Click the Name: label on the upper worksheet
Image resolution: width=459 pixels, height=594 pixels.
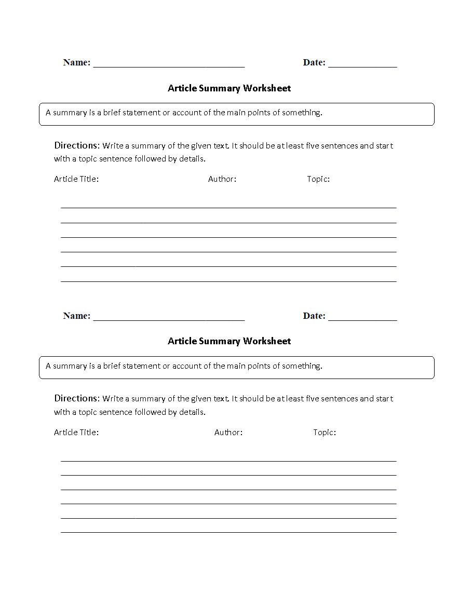click(x=76, y=62)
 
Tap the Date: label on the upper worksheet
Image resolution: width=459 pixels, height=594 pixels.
click(x=314, y=62)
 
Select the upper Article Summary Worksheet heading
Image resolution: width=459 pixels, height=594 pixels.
click(x=229, y=88)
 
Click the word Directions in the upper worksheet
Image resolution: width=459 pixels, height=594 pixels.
click(x=76, y=145)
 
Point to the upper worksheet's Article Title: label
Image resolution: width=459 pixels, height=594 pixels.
click(x=76, y=179)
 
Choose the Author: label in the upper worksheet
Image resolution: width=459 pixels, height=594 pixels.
click(x=222, y=179)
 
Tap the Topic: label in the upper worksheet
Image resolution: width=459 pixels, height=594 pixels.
click(x=318, y=179)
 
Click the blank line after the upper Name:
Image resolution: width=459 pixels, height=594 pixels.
click(x=169, y=66)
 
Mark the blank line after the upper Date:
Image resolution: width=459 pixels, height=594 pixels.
click(x=362, y=66)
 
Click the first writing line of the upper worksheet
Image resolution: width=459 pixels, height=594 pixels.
click(x=228, y=208)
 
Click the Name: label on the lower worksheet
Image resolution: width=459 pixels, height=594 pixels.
click(x=76, y=316)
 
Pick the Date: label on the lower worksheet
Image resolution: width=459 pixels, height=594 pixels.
click(x=314, y=316)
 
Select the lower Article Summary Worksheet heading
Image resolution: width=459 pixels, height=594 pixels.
click(x=229, y=341)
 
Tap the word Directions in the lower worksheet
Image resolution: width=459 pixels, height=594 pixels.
click(x=76, y=398)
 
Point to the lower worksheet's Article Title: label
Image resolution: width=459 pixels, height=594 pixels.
click(x=76, y=432)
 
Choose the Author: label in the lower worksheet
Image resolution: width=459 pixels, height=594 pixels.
click(x=228, y=432)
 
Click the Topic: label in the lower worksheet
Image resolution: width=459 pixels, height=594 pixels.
click(x=325, y=432)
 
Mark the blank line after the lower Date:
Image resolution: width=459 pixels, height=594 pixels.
click(x=362, y=320)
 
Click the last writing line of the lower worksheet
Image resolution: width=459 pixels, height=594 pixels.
click(x=228, y=532)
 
